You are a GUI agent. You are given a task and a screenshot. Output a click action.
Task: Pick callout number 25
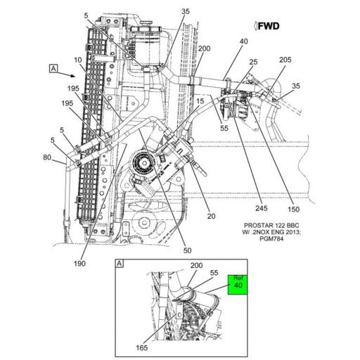[252, 63]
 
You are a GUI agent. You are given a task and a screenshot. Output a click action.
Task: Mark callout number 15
[200, 102]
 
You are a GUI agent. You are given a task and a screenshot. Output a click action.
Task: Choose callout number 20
[211, 217]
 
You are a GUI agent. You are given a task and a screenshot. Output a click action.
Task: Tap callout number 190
[79, 263]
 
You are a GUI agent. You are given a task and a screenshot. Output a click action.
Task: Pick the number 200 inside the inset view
[195, 266]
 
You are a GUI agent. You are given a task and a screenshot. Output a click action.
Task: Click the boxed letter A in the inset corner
[119, 263]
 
